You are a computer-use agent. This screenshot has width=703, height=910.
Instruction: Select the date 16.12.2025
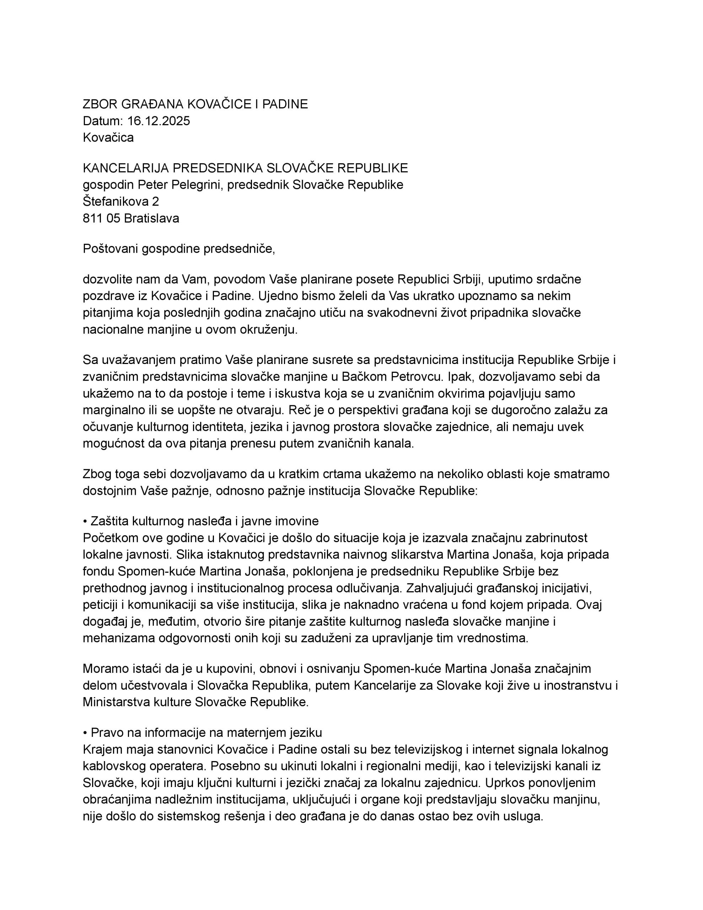(159, 121)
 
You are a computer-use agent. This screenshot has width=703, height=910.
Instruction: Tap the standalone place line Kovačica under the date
(108, 138)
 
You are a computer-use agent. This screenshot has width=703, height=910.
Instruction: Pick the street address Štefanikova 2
(121, 202)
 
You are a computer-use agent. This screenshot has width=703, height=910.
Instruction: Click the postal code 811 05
(101, 218)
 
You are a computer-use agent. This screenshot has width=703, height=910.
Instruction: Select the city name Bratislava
(151, 218)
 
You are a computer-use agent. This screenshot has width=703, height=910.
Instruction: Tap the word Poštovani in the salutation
(111, 249)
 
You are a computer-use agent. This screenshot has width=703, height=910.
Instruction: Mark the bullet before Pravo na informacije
(85, 733)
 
